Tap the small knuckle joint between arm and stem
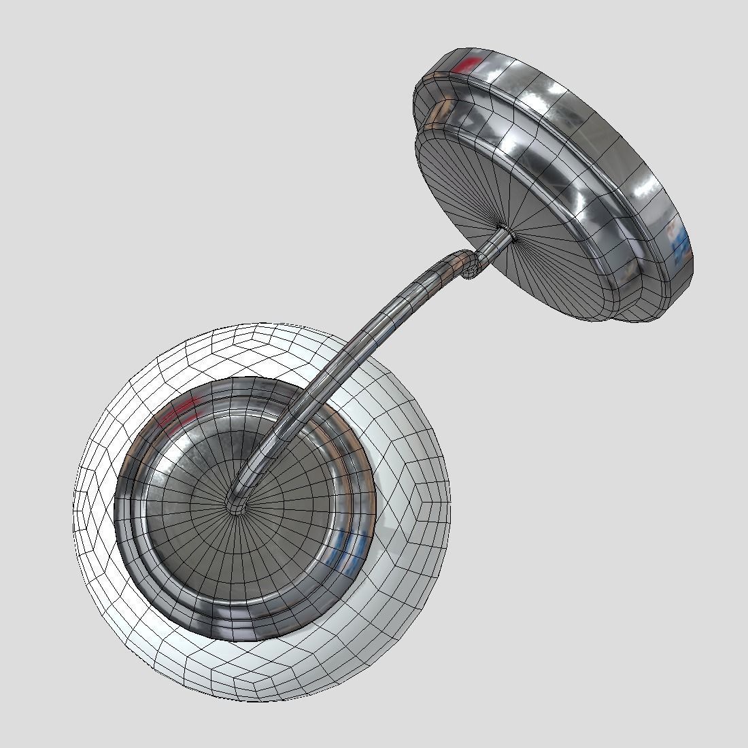pyautogui.click(x=469, y=265)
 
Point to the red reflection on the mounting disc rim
pyautogui.click(x=466, y=66)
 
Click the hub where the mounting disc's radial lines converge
pyautogui.click(x=507, y=231)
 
